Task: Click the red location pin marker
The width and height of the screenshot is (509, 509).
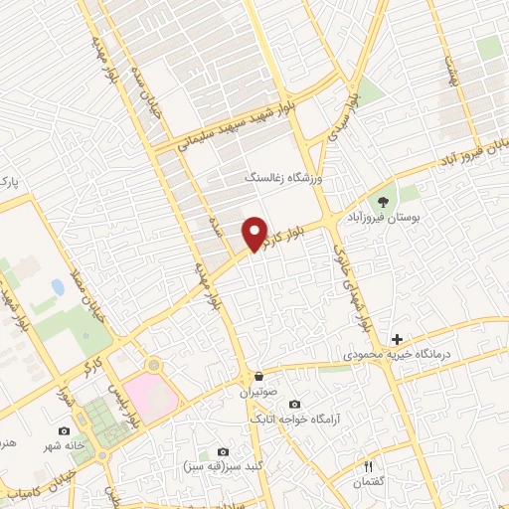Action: click(x=255, y=234)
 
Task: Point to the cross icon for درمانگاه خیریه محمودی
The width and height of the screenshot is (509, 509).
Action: click(x=398, y=339)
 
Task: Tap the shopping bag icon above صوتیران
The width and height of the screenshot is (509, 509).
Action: click(x=258, y=377)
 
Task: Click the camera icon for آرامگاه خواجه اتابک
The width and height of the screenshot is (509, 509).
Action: click(x=294, y=404)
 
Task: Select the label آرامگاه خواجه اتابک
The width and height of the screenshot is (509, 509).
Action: click(x=278, y=420)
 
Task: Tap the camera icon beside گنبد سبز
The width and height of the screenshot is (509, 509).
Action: click(x=212, y=452)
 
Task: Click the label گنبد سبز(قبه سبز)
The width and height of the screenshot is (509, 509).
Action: click(x=213, y=466)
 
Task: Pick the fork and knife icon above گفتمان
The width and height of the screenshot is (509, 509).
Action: click(x=369, y=466)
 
